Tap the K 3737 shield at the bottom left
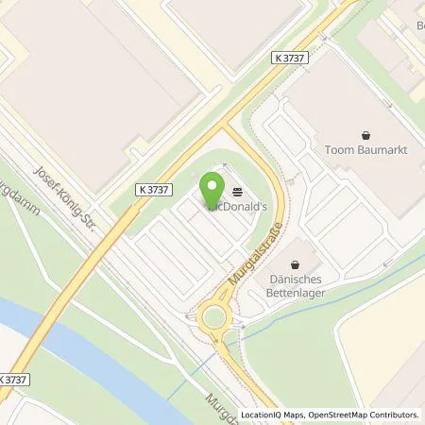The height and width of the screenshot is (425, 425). [x=13, y=378]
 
